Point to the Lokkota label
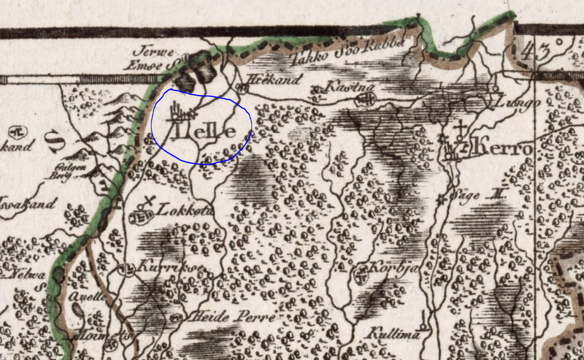(173, 208)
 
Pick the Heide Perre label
(220, 318)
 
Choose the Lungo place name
(516, 104)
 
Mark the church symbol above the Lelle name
(180, 112)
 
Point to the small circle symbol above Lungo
(496, 90)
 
